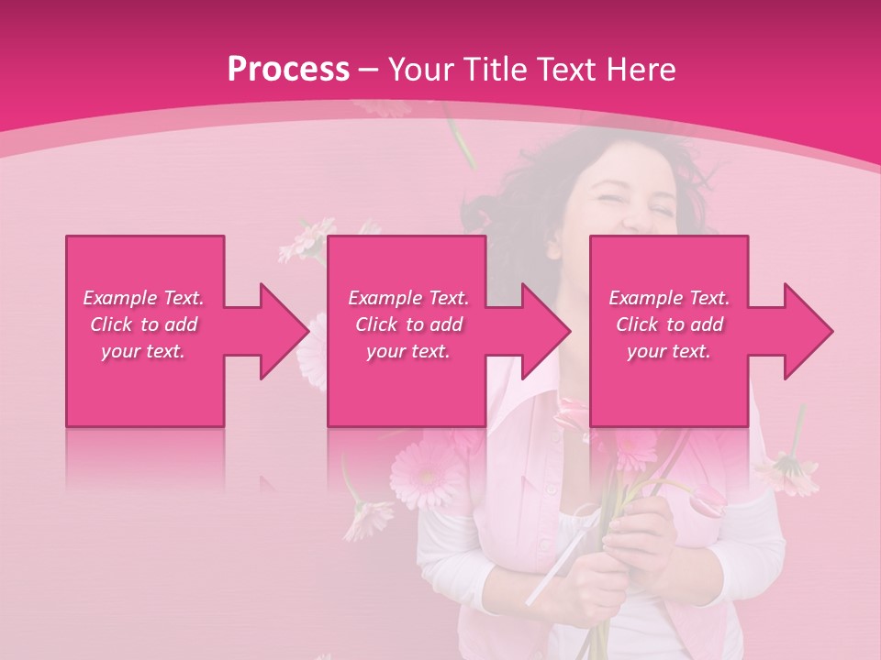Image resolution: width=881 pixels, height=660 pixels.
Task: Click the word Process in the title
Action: tap(288, 69)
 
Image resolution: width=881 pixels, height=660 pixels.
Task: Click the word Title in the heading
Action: tap(495, 69)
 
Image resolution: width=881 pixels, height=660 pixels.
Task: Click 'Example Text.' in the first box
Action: tap(143, 298)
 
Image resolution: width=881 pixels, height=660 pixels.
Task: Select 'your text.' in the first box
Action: tap(143, 351)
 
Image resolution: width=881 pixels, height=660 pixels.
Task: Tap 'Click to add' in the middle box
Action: tap(408, 324)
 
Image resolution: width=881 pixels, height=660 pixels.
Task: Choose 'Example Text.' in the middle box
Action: tap(408, 298)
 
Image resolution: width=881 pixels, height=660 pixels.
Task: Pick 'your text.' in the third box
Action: tap(669, 351)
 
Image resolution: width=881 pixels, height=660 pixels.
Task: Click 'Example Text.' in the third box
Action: tap(669, 298)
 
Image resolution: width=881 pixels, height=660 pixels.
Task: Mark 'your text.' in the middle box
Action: tap(408, 351)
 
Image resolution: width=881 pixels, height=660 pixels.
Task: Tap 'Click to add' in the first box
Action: tap(143, 324)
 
